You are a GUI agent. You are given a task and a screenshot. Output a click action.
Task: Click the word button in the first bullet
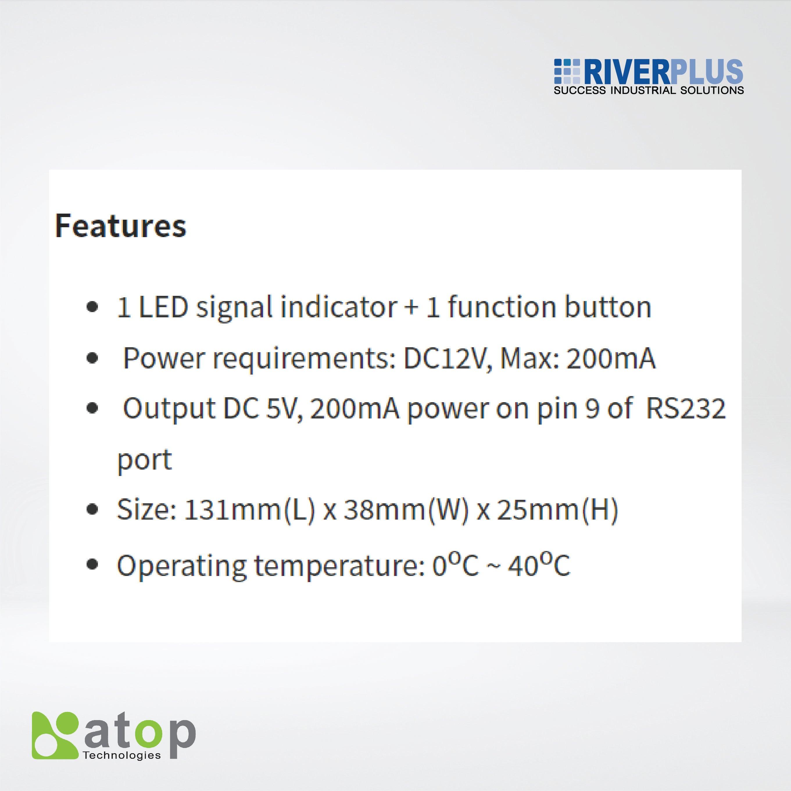[x=608, y=307]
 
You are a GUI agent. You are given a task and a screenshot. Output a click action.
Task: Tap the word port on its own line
[x=144, y=459]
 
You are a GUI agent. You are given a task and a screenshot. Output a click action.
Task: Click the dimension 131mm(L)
[x=249, y=510]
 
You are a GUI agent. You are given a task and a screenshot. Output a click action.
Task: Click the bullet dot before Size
[x=93, y=510]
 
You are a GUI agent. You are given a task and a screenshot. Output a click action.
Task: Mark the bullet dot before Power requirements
[x=93, y=359]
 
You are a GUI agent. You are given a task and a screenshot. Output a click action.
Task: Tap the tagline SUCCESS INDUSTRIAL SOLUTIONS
[x=649, y=90]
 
